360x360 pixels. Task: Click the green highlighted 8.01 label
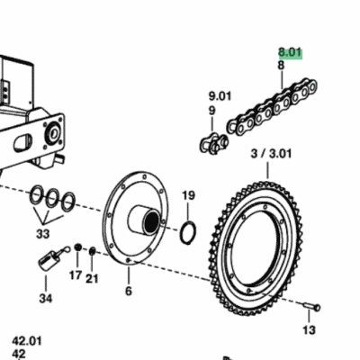point(290,53)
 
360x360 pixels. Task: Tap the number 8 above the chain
point(281,66)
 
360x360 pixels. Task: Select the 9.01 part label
point(220,96)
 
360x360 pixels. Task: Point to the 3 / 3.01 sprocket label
point(271,154)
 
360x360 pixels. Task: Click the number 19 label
point(189,195)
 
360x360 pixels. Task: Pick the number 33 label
point(42,234)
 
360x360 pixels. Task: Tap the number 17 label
point(76,274)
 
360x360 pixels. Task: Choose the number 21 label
point(92,279)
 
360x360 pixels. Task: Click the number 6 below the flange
point(129,291)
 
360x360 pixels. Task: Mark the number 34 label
point(46,299)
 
